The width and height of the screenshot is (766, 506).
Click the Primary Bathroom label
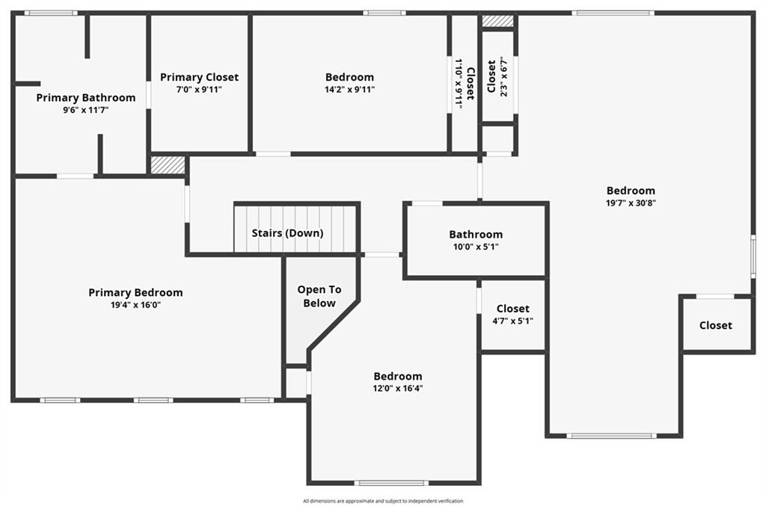[86, 98]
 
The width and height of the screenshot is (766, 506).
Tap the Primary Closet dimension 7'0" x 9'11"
[199, 89]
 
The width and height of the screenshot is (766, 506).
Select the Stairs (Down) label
[288, 233]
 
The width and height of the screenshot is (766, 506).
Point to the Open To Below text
[319, 296]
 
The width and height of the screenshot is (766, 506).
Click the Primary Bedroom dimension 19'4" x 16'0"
[136, 305]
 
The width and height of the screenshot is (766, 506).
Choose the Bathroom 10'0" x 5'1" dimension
[476, 247]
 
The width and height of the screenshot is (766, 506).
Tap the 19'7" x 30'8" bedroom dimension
[631, 203]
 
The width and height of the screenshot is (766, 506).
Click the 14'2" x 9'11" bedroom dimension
[350, 89]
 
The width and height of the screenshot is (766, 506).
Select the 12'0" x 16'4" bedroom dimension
[398, 389]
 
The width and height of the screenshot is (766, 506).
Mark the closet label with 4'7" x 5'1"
[513, 309]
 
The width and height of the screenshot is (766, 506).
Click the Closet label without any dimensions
[716, 325]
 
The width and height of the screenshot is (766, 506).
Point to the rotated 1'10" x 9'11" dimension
[459, 84]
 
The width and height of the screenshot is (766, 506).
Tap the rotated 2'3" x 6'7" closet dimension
[503, 77]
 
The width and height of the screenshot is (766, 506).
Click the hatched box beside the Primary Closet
[168, 165]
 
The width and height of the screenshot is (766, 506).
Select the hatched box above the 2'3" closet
[497, 21]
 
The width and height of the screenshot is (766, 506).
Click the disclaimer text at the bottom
[383, 501]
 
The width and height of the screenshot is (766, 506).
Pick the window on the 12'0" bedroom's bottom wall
[391, 483]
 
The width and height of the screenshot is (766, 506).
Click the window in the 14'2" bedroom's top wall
[384, 13]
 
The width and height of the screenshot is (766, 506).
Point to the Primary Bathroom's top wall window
[51, 13]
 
